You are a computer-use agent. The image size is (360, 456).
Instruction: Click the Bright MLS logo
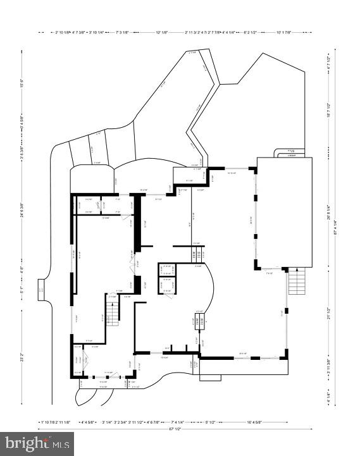(37, 444)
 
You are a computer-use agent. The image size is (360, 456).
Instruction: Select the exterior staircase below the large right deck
(297, 282)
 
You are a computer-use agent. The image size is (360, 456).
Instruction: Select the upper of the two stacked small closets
(168, 270)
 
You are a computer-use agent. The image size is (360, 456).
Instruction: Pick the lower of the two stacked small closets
(168, 285)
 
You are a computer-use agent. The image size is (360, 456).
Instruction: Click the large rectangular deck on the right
(284, 213)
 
